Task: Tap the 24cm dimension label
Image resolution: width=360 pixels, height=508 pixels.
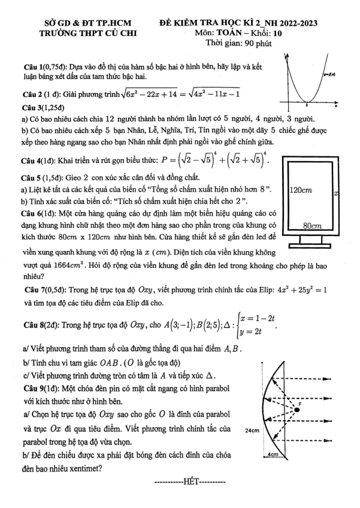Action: [252, 431]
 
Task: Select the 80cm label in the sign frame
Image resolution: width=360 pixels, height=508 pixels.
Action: [311, 226]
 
